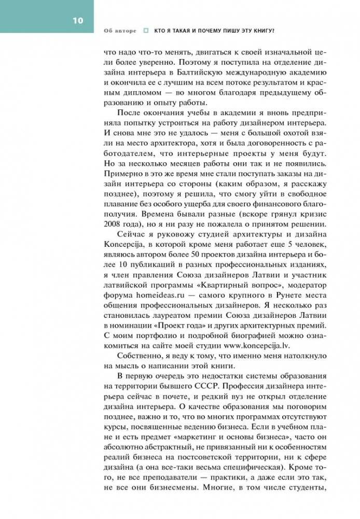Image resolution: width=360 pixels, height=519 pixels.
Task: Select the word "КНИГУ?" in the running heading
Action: (x=263, y=31)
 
